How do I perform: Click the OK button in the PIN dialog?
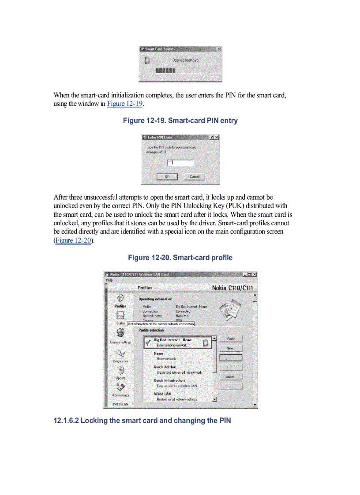coord(167,176)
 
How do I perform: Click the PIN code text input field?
coord(180,163)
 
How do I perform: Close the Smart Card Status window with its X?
coord(218,49)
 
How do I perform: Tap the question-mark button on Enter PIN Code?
coord(212,138)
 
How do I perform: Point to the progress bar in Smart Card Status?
coord(185,71)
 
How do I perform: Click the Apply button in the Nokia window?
coord(231,339)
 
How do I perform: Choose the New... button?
coord(231,348)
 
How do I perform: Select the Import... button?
coord(231,377)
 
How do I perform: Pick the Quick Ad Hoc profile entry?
coord(165,367)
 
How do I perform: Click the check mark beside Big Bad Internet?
coord(149,342)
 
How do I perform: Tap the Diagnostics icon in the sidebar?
coord(120,354)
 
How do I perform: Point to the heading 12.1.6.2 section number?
coord(66,421)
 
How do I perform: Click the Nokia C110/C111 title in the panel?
coord(232,288)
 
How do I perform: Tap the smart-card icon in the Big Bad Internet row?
coord(205,342)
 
